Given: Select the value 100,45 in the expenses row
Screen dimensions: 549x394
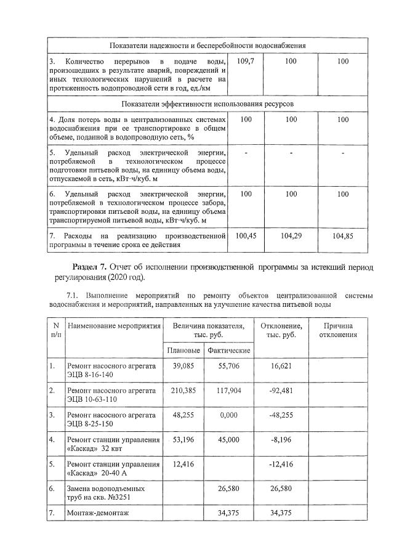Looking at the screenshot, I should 246,236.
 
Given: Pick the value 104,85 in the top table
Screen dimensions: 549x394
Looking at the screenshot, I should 343,236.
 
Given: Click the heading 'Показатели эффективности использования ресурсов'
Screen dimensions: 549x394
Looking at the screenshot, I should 207,104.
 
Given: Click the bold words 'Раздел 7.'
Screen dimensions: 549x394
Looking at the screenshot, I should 90,267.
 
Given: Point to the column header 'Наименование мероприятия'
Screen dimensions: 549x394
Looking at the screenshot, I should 114,325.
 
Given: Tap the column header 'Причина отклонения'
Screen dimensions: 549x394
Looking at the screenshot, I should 337,330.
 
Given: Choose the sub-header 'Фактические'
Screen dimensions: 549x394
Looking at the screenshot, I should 228,350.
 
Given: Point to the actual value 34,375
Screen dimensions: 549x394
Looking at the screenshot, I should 228,513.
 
